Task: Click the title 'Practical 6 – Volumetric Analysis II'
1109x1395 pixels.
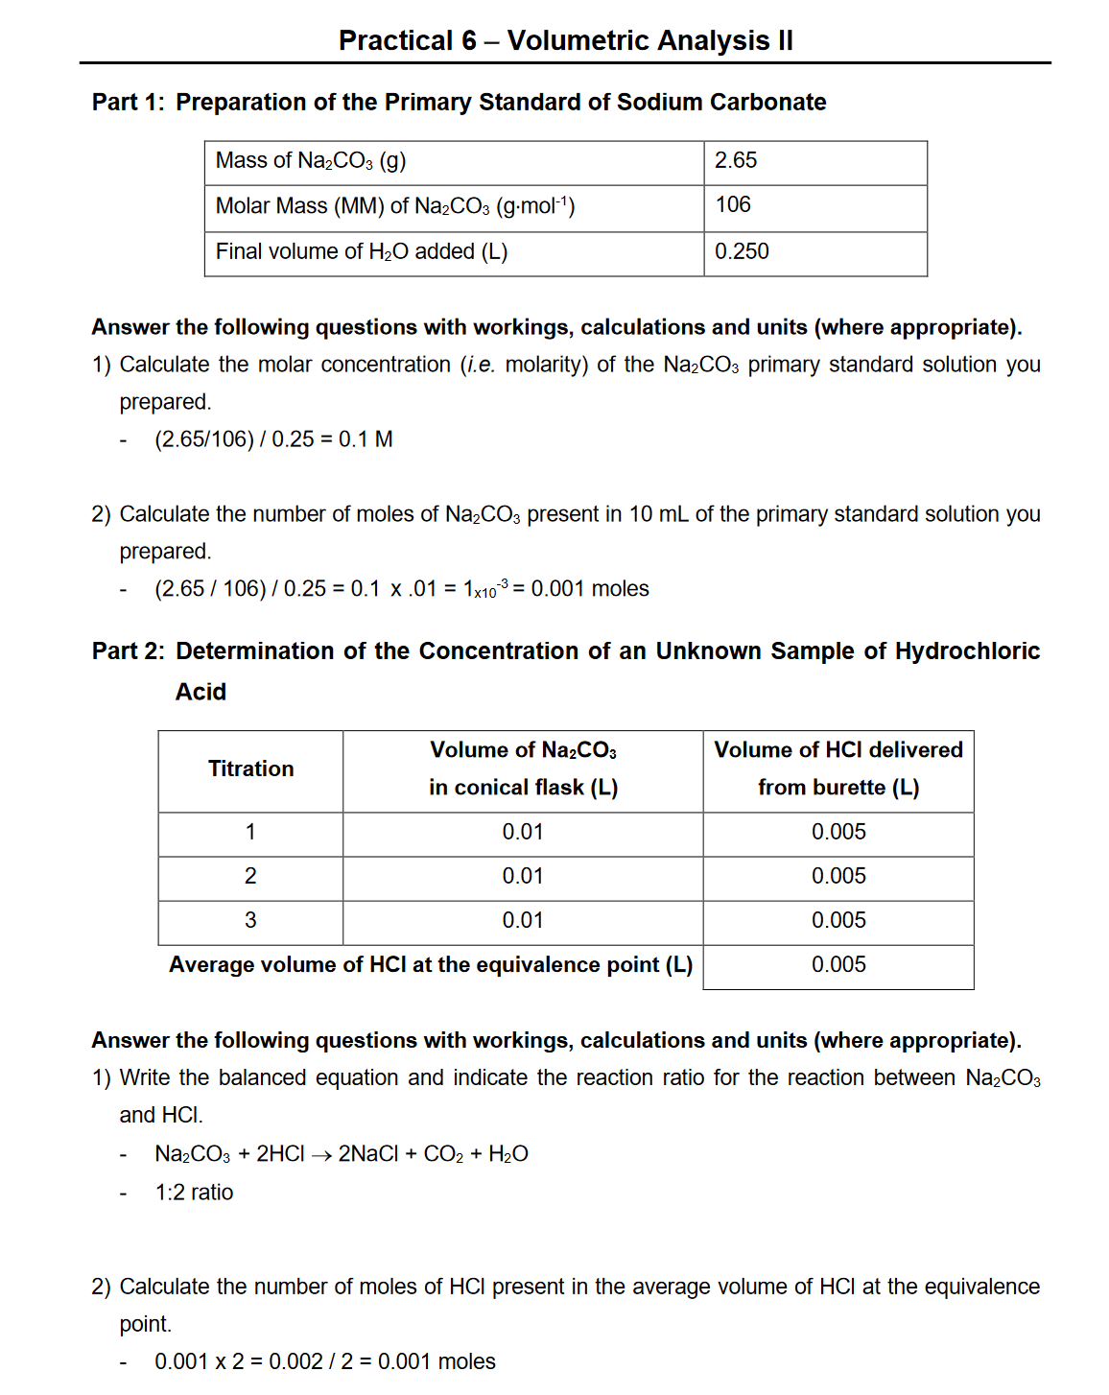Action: pyautogui.click(x=565, y=40)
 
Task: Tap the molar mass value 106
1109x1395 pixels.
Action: pyautogui.click(x=733, y=205)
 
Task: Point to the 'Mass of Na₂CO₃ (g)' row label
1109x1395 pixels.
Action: pyautogui.click(x=311, y=160)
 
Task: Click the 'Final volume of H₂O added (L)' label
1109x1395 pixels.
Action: pyautogui.click(x=362, y=251)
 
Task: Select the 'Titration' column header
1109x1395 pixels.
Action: pyautogui.click(x=250, y=768)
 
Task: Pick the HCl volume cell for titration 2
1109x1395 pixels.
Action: pyautogui.click(x=838, y=876)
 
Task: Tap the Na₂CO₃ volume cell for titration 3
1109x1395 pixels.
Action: pyautogui.click(x=522, y=920)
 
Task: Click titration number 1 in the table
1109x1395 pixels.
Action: pyautogui.click(x=250, y=832)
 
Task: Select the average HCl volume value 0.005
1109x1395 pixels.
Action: pyautogui.click(x=838, y=964)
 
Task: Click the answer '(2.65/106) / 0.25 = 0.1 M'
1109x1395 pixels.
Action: pyautogui.click(x=273, y=439)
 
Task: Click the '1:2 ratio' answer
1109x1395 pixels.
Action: pyautogui.click(x=194, y=1193)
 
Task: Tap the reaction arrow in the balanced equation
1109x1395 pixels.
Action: pyautogui.click(x=321, y=1155)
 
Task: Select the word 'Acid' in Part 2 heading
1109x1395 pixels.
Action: pyautogui.click(x=201, y=692)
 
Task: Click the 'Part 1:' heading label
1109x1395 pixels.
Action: pyautogui.click(x=128, y=102)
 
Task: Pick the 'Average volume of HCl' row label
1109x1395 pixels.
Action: pyautogui.click(x=430, y=964)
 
